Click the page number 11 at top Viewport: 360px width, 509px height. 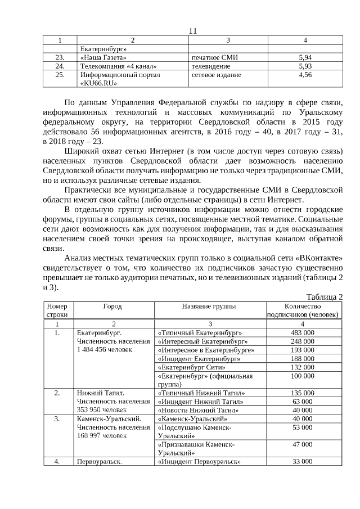pyautogui.click(x=192, y=31)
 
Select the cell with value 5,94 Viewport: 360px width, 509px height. pyautogui.click(x=305, y=57)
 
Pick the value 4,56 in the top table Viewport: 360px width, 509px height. pyautogui.click(x=305, y=74)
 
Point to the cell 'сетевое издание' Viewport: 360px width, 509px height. pyautogui.click(x=217, y=74)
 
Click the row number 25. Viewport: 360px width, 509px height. pyautogui.click(x=60, y=74)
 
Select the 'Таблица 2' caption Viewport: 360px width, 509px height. pyautogui.click(x=325, y=297)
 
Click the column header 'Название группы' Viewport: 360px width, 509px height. pyautogui.click(x=209, y=307)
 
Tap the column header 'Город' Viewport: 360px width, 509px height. pyautogui.click(x=112, y=307)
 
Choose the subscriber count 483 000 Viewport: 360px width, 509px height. pyautogui.click(x=303, y=333)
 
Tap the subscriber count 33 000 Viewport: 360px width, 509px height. pyautogui.click(x=303, y=462)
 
